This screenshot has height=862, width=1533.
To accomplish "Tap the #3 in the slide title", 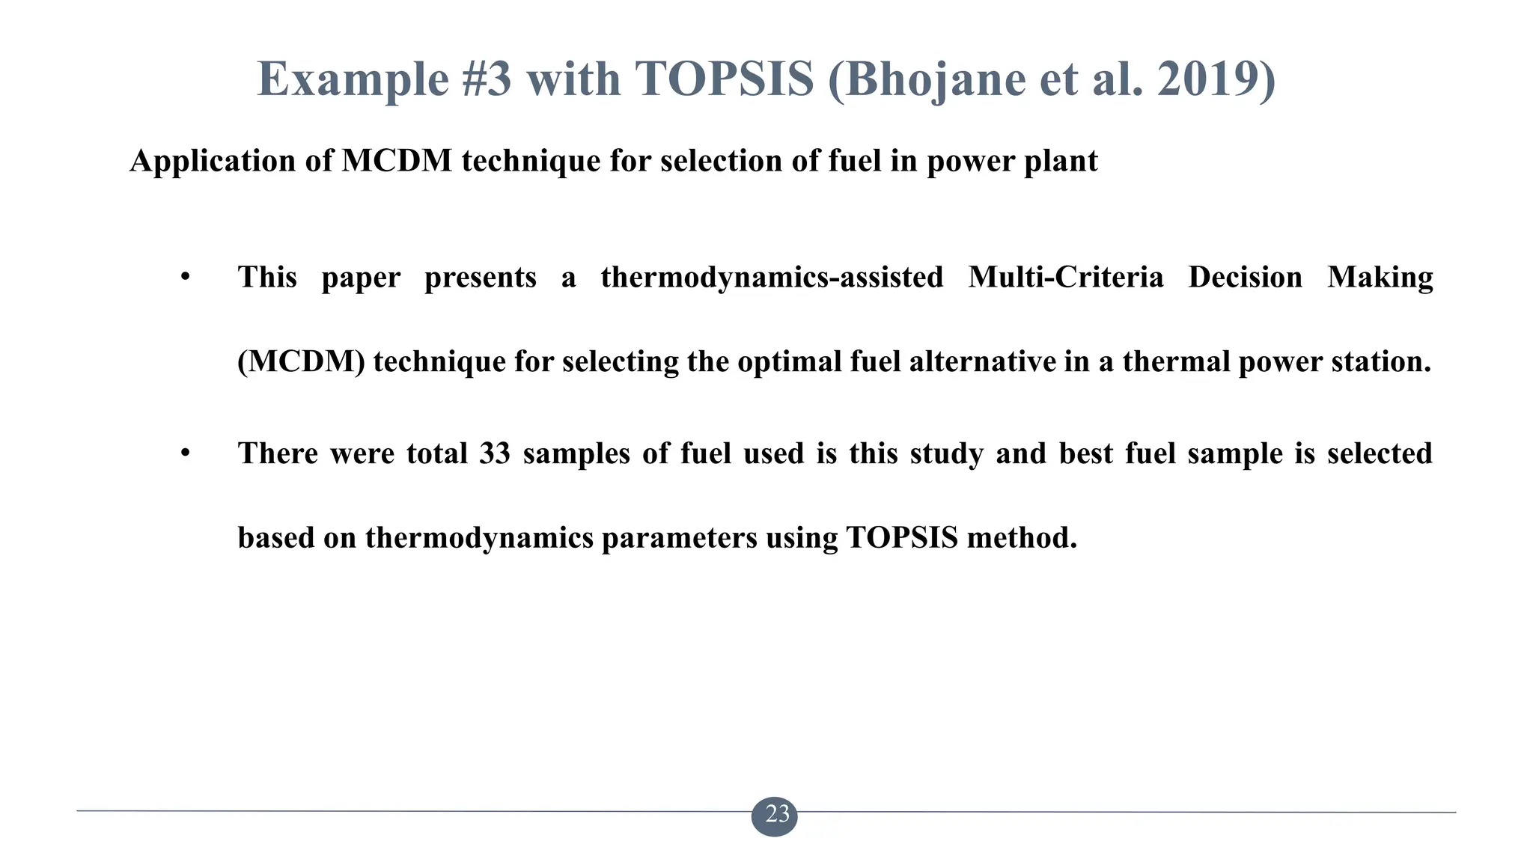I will click(x=487, y=79).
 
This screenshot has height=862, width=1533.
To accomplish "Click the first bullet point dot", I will click(x=185, y=278).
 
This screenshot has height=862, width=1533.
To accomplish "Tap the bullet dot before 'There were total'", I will click(x=185, y=453).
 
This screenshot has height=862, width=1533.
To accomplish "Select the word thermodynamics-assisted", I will click(x=772, y=278).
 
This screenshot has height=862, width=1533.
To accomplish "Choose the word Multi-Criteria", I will click(x=1066, y=278).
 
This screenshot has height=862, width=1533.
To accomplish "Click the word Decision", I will click(x=1246, y=278).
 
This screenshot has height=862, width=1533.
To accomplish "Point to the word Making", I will click(x=1380, y=278).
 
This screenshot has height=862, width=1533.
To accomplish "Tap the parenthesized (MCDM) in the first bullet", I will click(x=301, y=362).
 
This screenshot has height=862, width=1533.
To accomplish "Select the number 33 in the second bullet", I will click(x=495, y=453).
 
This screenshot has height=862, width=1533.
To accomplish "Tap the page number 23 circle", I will click(x=775, y=814).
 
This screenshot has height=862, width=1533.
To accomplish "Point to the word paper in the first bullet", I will click(x=361, y=278).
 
